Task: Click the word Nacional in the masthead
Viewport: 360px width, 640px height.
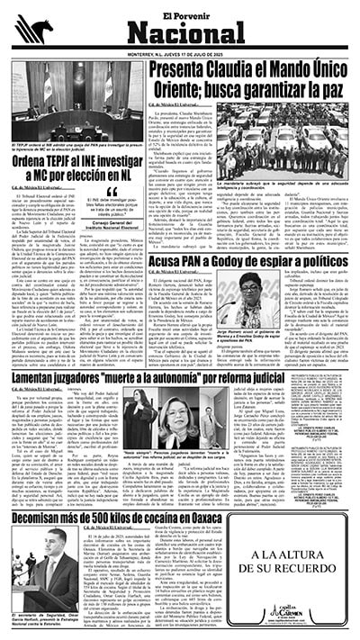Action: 180,34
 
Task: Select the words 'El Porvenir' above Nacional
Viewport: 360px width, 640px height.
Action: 180,12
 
